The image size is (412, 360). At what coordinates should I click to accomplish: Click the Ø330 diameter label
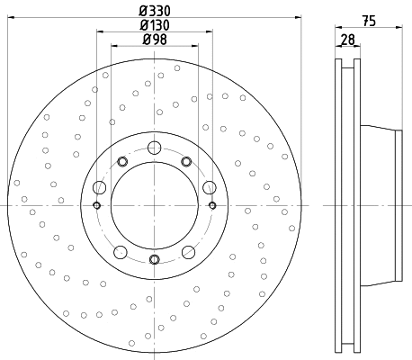(x=154, y=12)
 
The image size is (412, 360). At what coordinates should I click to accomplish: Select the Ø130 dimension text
(x=154, y=25)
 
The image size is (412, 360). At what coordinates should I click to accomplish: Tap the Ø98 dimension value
(x=154, y=40)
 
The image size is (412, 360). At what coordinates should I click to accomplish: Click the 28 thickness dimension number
(x=346, y=40)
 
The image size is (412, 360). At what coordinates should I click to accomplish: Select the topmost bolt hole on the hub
(x=154, y=148)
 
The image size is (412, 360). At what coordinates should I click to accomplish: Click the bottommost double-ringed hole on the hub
(x=154, y=260)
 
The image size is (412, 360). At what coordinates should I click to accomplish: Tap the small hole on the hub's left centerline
(x=96, y=204)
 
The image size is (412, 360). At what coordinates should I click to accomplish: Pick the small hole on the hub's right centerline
(x=211, y=204)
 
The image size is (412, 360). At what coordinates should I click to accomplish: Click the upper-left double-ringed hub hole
(x=121, y=161)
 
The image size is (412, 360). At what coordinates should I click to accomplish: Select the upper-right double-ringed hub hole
(x=186, y=161)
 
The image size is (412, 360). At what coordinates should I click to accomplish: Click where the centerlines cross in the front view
(x=154, y=204)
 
